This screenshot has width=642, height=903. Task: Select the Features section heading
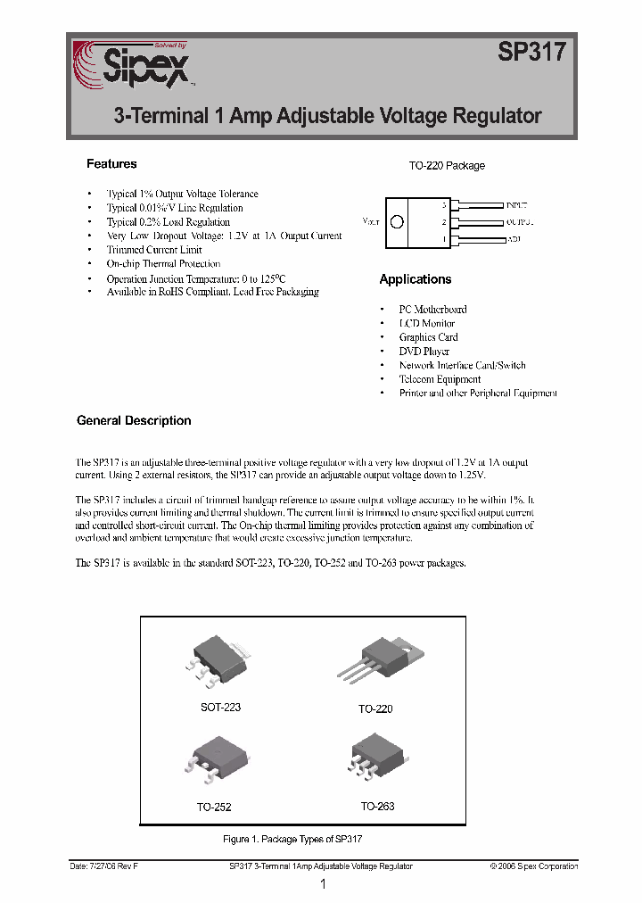pyautogui.click(x=111, y=164)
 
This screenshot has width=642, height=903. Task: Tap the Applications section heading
pyautogui.click(x=416, y=279)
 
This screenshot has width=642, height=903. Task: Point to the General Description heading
pyautogui.click(x=134, y=420)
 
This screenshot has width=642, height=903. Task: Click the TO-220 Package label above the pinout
pyautogui.click(x=447, y=166)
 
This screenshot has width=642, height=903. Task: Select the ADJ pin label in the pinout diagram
pyautogui.click(x=514, y=239)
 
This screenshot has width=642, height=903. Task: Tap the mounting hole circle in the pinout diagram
pyautogui.click(x=398, y=221)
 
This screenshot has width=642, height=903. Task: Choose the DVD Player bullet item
pyautogui.click(x=424, y=352)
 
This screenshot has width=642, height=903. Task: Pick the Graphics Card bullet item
pyautogui.click(x=429, y=337)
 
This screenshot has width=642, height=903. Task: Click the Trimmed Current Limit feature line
pyautogui.click(x=154, y=250)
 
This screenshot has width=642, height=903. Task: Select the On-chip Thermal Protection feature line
pyautogui.click(x=163, y=264)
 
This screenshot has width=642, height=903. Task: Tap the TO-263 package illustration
pyautogui.click(x=378, y=759)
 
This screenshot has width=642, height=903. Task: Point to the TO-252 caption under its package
pyautogui.click(x=215, y=807)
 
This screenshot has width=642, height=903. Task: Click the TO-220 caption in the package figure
pyautogui.click(x=375, y=708)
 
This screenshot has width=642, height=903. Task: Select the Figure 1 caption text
pyautogui.click(x=292, y=840)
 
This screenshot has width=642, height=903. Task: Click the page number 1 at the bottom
pyautogui.click(x=323, y=884)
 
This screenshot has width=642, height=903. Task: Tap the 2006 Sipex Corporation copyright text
pyautogui.click(x=534, y=866)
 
